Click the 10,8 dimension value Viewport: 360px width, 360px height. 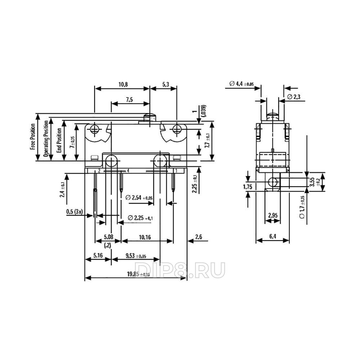[123, 84]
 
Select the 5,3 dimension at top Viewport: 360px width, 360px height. [166, 84]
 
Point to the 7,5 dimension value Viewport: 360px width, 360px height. [129, 100]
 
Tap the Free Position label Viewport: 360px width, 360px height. [33, 137]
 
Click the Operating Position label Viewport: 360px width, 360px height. [46, 139]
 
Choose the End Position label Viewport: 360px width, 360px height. [59, 140]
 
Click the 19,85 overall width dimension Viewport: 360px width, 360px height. [139, 274]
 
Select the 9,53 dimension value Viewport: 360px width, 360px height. [136, 256]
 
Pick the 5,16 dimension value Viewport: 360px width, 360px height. [98, 255]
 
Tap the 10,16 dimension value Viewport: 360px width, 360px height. [145, 237]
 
